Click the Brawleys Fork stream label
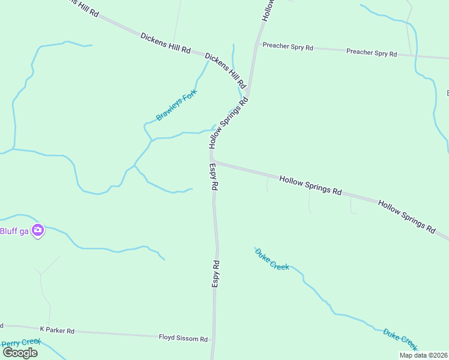pos(176,105)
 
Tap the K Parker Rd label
pos(57,330)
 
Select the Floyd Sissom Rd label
pos(183,338)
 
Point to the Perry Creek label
pos(21,343)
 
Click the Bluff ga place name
pos(14,231)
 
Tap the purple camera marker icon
pos(38,230)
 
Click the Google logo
pos(20,352)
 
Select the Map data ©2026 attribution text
pos(424,355)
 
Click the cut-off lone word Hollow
pos(268,10)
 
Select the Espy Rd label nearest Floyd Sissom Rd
pos(215,273)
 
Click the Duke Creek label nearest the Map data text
pos(400,339)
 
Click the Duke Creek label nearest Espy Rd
pos(272,259)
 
